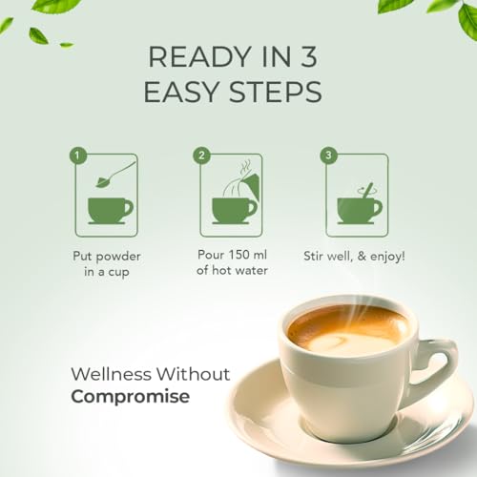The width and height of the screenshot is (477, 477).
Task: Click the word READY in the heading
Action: point(200,57)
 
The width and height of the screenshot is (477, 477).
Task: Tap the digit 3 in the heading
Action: point(309,57)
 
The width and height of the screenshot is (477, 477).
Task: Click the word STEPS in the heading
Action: point(276,92)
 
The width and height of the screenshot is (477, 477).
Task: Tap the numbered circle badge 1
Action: point(77,156)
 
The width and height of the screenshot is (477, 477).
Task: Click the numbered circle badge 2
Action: point(201,156)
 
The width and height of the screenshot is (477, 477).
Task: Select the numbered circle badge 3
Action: point(328,156)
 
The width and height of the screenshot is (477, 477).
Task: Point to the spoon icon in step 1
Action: point(114,176)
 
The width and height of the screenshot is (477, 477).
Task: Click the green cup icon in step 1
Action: point(111,211)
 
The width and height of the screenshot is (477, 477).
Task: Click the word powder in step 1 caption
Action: point(118,257)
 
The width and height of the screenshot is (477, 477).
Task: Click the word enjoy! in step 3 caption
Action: point(388,257)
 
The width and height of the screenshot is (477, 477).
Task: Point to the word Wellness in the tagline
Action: point(112,374)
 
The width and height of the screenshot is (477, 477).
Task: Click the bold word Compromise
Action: point(131,397)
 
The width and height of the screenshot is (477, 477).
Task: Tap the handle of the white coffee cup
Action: point(439,365)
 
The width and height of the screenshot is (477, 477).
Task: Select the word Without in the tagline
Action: point(194,374)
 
